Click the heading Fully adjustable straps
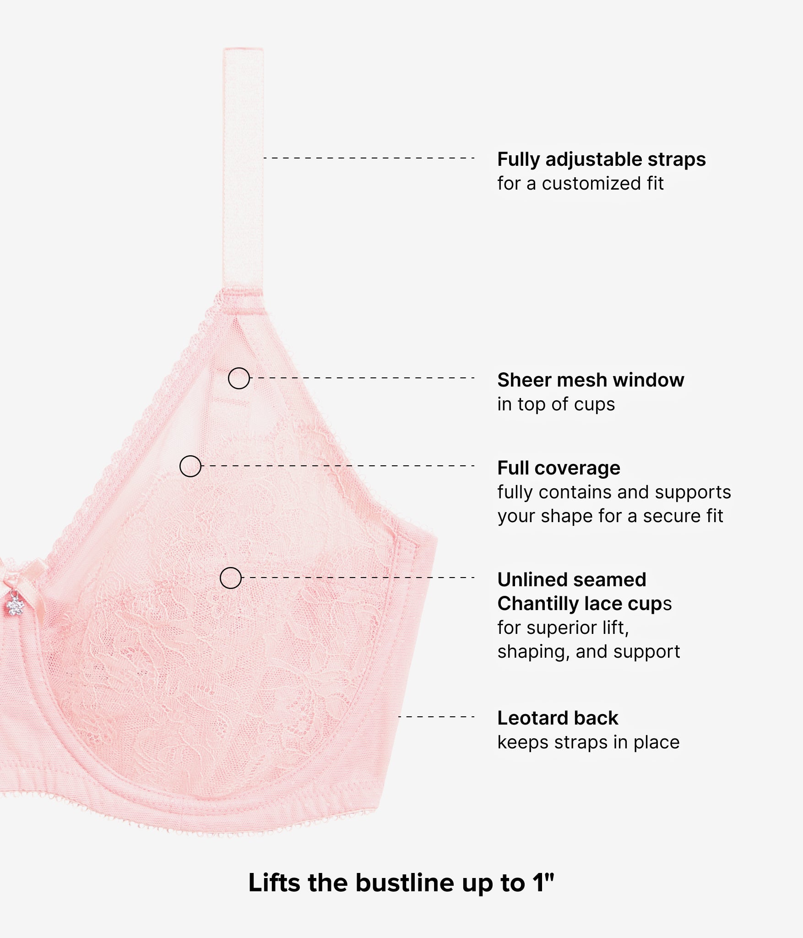point(602,159)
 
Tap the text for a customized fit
point(581,184)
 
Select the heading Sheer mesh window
point(591,380)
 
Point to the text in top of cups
point(556,404)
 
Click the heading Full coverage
point(559,468)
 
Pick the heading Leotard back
point(558,718)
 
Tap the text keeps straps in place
point(588,742)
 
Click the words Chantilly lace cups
point(585,604)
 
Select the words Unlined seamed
point(572,579)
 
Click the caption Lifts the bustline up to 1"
point(401,883)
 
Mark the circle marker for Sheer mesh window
point(239,378)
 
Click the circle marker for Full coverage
point(190,466)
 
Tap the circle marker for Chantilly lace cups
point(230,578)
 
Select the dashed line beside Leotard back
point(436,717)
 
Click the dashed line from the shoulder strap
point(369,158)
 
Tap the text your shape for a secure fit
point(610,516)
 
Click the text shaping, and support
point(589,652)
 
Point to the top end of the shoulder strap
point(243,48)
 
